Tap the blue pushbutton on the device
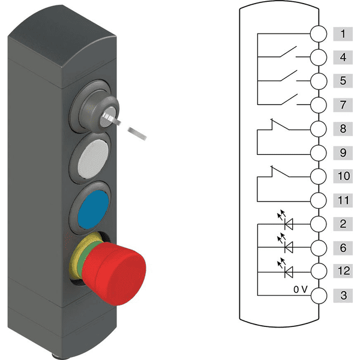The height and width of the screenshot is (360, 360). (92, 208)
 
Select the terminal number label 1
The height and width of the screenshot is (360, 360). (342, 34)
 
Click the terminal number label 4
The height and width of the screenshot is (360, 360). (342, 58)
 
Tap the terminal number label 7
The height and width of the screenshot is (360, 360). (342, 105)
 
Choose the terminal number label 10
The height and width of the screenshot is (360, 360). (342, 176)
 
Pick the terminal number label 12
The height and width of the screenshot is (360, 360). (342, 272)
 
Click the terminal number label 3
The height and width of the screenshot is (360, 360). (342, 295)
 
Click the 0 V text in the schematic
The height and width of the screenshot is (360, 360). (301, 290)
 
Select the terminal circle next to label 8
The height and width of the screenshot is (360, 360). (319, 129)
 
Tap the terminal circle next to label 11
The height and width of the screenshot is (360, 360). (319, 200)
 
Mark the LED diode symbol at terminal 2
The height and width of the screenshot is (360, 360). (289, 224)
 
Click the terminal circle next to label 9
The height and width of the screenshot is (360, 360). (319, 153)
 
